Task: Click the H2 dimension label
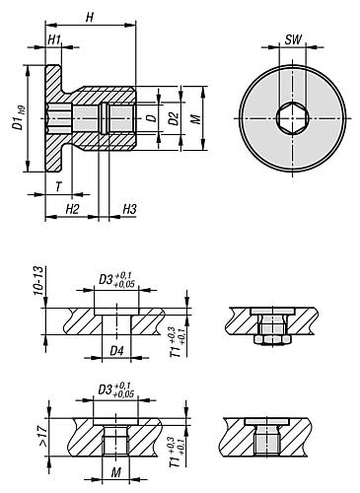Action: [x=71, y=210]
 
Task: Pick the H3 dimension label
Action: [x=129, y=210]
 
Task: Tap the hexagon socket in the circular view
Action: [x=291, y=117]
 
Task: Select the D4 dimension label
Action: [x=117, y=350]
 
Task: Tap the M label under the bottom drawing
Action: [x=117, y=471]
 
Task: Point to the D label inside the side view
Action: [x=150, y=119]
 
